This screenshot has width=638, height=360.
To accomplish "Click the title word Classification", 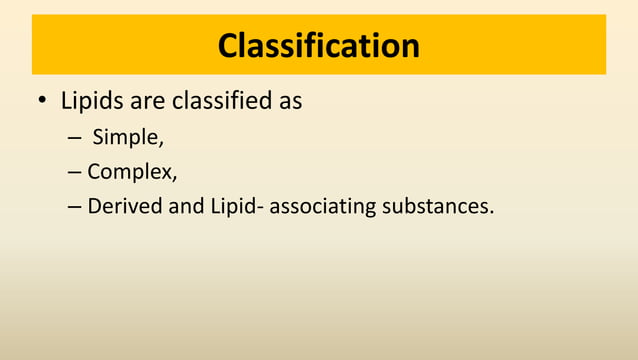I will coord(319,45).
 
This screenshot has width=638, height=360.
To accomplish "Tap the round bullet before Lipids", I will coord(42,103).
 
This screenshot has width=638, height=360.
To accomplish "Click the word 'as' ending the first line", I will coord(290,102).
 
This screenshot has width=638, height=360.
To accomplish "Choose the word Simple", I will coord(126,137).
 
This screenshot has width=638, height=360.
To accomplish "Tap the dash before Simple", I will coord(75,138).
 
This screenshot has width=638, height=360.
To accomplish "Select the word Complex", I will coord(130,172).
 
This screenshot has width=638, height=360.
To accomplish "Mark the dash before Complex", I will coord(75,172).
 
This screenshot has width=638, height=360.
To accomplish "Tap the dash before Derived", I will coord(75,207).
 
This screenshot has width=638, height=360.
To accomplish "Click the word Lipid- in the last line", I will coord(238,206).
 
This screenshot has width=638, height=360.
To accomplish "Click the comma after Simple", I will coord(162,143).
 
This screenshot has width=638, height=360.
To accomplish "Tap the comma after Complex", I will coord(175,177).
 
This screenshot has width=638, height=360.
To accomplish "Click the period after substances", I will coord(492,212).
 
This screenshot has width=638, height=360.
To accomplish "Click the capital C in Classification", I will coord(230,45).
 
